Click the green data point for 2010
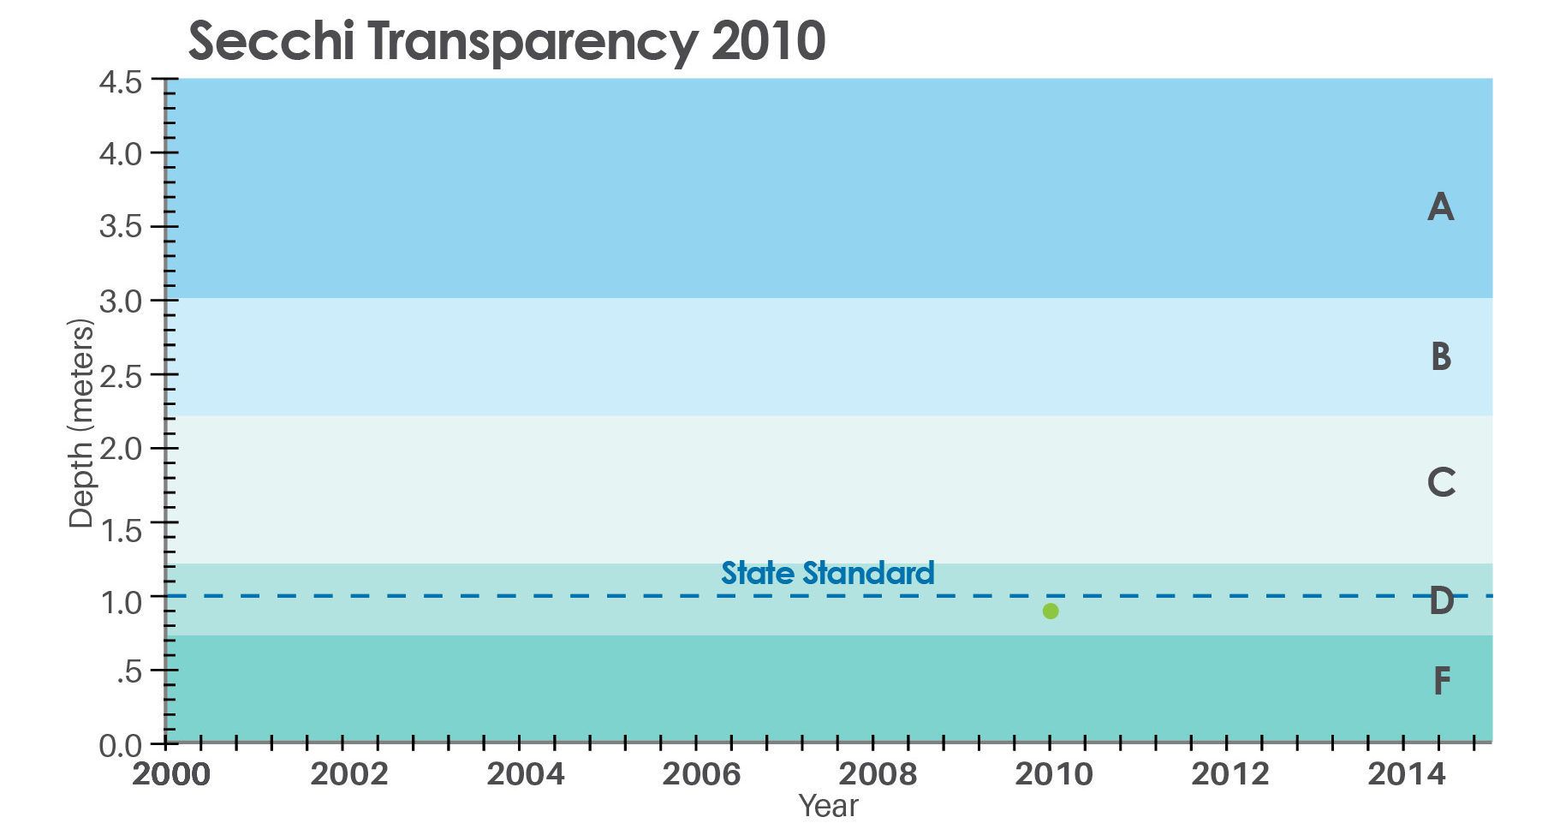1051,611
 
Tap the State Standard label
827,573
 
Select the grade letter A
1440,207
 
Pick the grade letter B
1440,355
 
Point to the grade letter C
1441,482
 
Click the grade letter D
1441,601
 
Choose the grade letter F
1442,682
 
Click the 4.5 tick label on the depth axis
122,83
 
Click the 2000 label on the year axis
171,774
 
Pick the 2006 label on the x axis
702,774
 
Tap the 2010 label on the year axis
1053,774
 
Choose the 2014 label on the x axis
1406,774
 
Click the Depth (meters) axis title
81,425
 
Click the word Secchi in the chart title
271,42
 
